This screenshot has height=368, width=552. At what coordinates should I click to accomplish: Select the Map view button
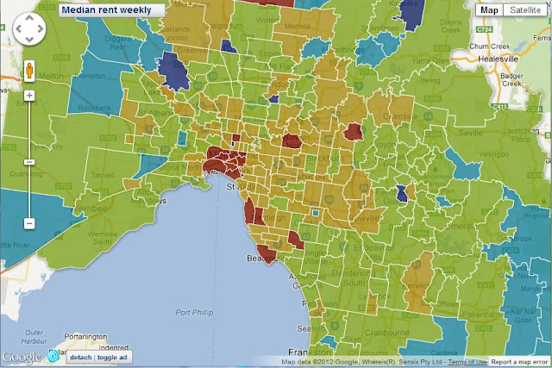click(490, 9)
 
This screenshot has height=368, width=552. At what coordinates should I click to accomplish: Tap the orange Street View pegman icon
click(29, 69)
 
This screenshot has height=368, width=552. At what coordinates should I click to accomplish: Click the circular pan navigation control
click(28, 34)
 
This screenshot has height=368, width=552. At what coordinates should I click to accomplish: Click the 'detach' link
click(80, 357)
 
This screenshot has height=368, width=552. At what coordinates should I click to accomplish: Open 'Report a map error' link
click(520, 361)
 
